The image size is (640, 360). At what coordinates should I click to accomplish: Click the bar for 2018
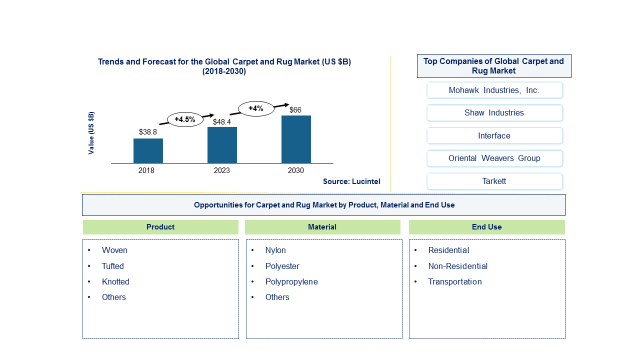click(148, 151)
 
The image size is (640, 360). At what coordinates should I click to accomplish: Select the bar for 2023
click(222, 145)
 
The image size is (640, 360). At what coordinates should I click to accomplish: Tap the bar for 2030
click(296, 139)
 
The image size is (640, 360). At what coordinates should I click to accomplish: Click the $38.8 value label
click(147, 132)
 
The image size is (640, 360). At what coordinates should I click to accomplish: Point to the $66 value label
click(295, 110)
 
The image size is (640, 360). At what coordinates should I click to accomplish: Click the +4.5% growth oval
click(185, 119)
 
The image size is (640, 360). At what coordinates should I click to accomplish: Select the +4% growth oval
click(256, 108)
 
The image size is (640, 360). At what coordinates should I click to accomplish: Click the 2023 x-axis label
click(221, 170)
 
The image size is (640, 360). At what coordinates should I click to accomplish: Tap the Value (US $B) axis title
click(91, 133)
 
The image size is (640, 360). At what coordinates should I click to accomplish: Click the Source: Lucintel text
click(351, 181)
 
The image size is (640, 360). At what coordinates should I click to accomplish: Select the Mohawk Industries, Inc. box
click(494, 90)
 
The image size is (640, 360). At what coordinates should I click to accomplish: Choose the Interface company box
click(494, 135)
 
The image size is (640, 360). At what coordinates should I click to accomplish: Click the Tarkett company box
click(494, 181)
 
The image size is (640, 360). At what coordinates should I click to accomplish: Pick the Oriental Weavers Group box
click(494, 158)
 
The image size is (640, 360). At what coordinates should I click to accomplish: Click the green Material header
click(322, 227)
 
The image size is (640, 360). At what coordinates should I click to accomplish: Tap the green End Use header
click(487, 227)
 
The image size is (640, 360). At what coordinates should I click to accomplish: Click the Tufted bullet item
click(113, 266)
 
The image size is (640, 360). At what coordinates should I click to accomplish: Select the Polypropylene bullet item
click(291, 282)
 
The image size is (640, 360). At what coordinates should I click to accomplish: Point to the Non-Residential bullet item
click(457, 266)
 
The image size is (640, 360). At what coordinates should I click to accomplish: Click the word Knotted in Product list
click(115, 281)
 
